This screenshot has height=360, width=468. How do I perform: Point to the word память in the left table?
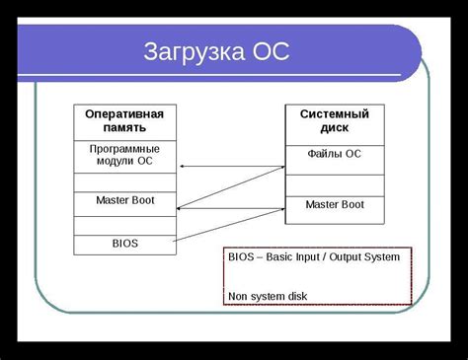coord(123,128)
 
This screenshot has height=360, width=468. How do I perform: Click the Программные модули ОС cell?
coord(123,156)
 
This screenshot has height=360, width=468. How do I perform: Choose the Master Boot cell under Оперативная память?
coord(123,201)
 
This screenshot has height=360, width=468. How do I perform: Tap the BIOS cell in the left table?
coord(123,242)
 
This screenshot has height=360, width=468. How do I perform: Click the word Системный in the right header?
coord(334,114)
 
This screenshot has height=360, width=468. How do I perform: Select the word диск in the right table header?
coord(334,128)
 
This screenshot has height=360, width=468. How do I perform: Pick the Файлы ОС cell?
coord(334,154)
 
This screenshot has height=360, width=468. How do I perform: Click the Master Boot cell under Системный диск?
coord(334,204)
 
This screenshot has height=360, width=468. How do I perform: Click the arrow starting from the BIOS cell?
coord(229,225)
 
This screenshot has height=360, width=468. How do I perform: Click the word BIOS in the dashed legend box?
coord(241,258)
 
